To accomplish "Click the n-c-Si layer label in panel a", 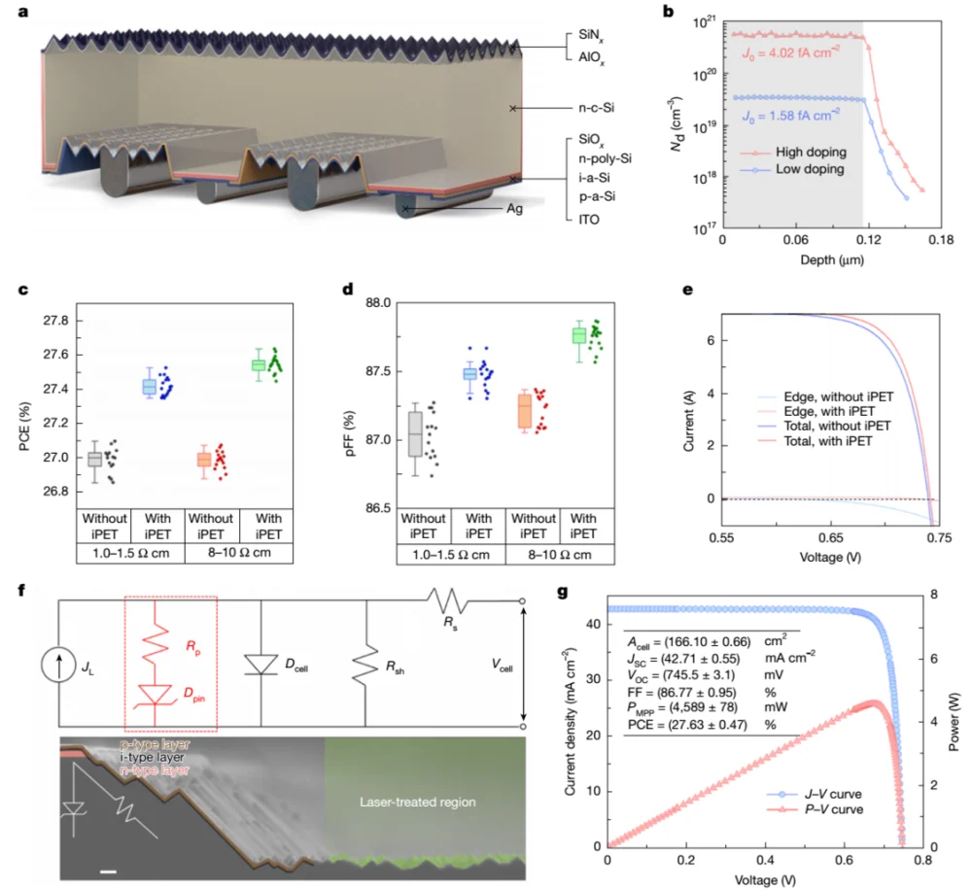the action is point(597,108).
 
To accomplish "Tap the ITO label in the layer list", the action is point(589,220).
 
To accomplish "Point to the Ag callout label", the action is point(514,209).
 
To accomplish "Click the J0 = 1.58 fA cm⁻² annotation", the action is point(791,116).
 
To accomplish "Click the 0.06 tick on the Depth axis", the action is point(795,240).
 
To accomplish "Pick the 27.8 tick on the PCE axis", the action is point(55,321).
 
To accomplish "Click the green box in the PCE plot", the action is point(259,364).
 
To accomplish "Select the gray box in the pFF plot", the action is point(415,433).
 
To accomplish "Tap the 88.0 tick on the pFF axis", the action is point(378,303).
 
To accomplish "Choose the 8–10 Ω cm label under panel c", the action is point(239,553).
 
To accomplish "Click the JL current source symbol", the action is point(59,667).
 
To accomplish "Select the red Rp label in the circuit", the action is point(192,648).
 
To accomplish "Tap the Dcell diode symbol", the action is point(260,665).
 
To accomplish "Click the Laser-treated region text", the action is point(418,802).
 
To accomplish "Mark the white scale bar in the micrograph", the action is point(108,873).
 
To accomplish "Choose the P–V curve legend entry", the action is point(815,809).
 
